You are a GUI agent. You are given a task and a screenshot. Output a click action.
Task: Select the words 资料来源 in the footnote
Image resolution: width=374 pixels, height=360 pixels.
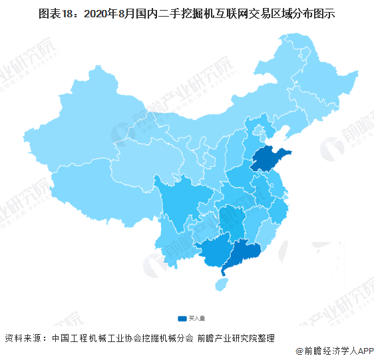click(x=23, y=337)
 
